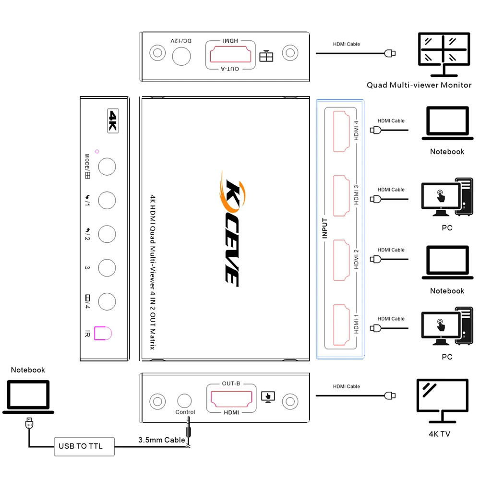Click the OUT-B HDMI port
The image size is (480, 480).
click(x=229, y=397)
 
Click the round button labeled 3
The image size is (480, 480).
click(x=107, y=268)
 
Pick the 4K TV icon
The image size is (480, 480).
click(x=442, y=400)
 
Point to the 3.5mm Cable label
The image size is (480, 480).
click(x=161, y=440)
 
